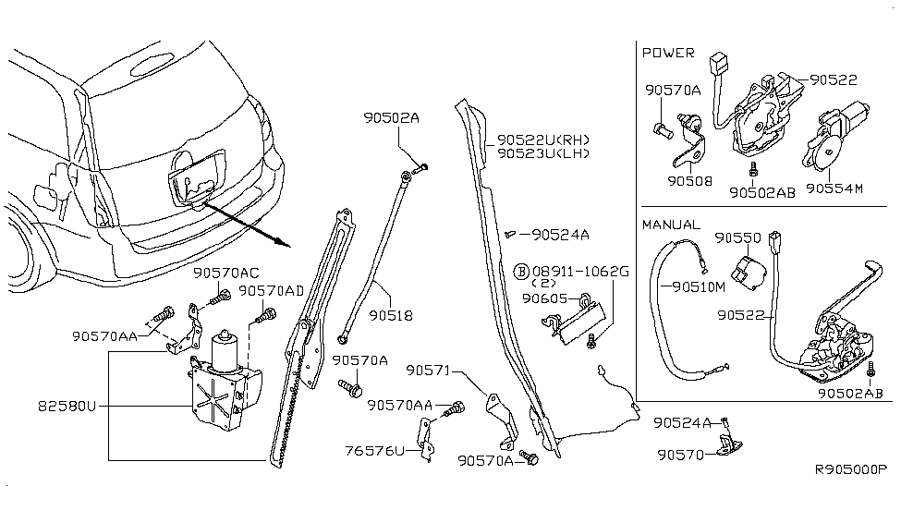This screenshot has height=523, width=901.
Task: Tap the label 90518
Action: (x=391, y=316)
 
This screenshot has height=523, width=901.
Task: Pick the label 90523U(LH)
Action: (x=543, y=153)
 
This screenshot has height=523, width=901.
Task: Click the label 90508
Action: (x=690, y=182)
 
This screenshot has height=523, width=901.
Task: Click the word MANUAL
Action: (x=671, y=225)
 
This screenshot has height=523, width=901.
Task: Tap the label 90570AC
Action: (x=225, y=274)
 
